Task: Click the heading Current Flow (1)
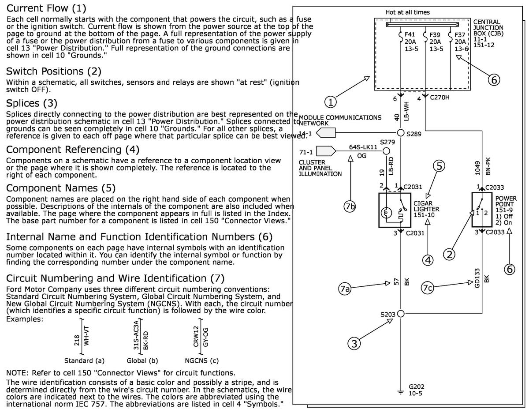pos(46,8)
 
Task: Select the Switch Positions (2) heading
pos(54,71)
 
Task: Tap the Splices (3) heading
pos(32,103)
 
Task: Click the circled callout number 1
pos(331,102)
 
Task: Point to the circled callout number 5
pos(439,166)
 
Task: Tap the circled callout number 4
pos(428,260)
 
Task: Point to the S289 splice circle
pos(401,133)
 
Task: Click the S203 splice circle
pos(401,314)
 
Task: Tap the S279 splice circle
pos(386,151)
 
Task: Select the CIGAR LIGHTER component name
pos(425,206)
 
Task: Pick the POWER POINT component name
pos(506,202)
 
